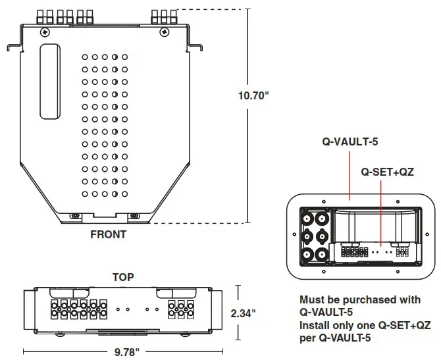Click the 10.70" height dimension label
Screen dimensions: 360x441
pos(253,95)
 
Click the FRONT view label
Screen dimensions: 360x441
pos(108,234)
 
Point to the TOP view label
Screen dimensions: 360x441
pos(122,277)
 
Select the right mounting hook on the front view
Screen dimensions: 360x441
pos(195,47)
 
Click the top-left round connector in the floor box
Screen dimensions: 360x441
pos(307,217)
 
